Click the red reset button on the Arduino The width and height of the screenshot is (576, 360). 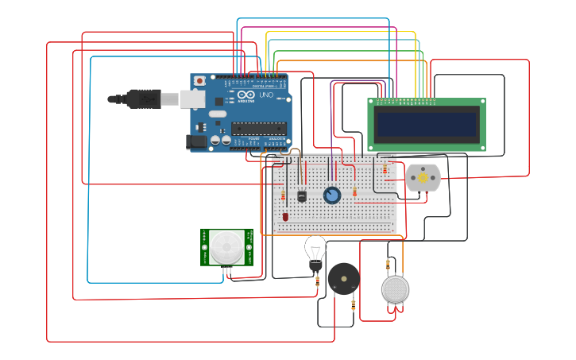pos(199,80)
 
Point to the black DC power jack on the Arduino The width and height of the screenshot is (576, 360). pos(195,142)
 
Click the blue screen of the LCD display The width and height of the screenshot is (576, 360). pos(427,123)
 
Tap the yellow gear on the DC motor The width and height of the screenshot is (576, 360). pos(423,179)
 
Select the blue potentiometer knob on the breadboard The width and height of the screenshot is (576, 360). pos(332,195)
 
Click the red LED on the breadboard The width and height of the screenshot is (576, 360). pos(285,216)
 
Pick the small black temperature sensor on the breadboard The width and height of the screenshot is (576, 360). pos(302,195)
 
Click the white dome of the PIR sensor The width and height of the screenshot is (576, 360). pos(226,247)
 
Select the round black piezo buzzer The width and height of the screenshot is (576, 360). pos(344,279)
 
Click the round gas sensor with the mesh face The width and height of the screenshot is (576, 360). pos(395,289)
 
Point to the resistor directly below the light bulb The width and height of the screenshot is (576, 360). pos(317,281)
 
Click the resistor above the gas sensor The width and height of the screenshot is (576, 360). pos(388,264)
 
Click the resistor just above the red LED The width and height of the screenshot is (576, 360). pos(284,195)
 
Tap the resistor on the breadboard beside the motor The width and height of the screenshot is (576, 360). pos(385,169)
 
